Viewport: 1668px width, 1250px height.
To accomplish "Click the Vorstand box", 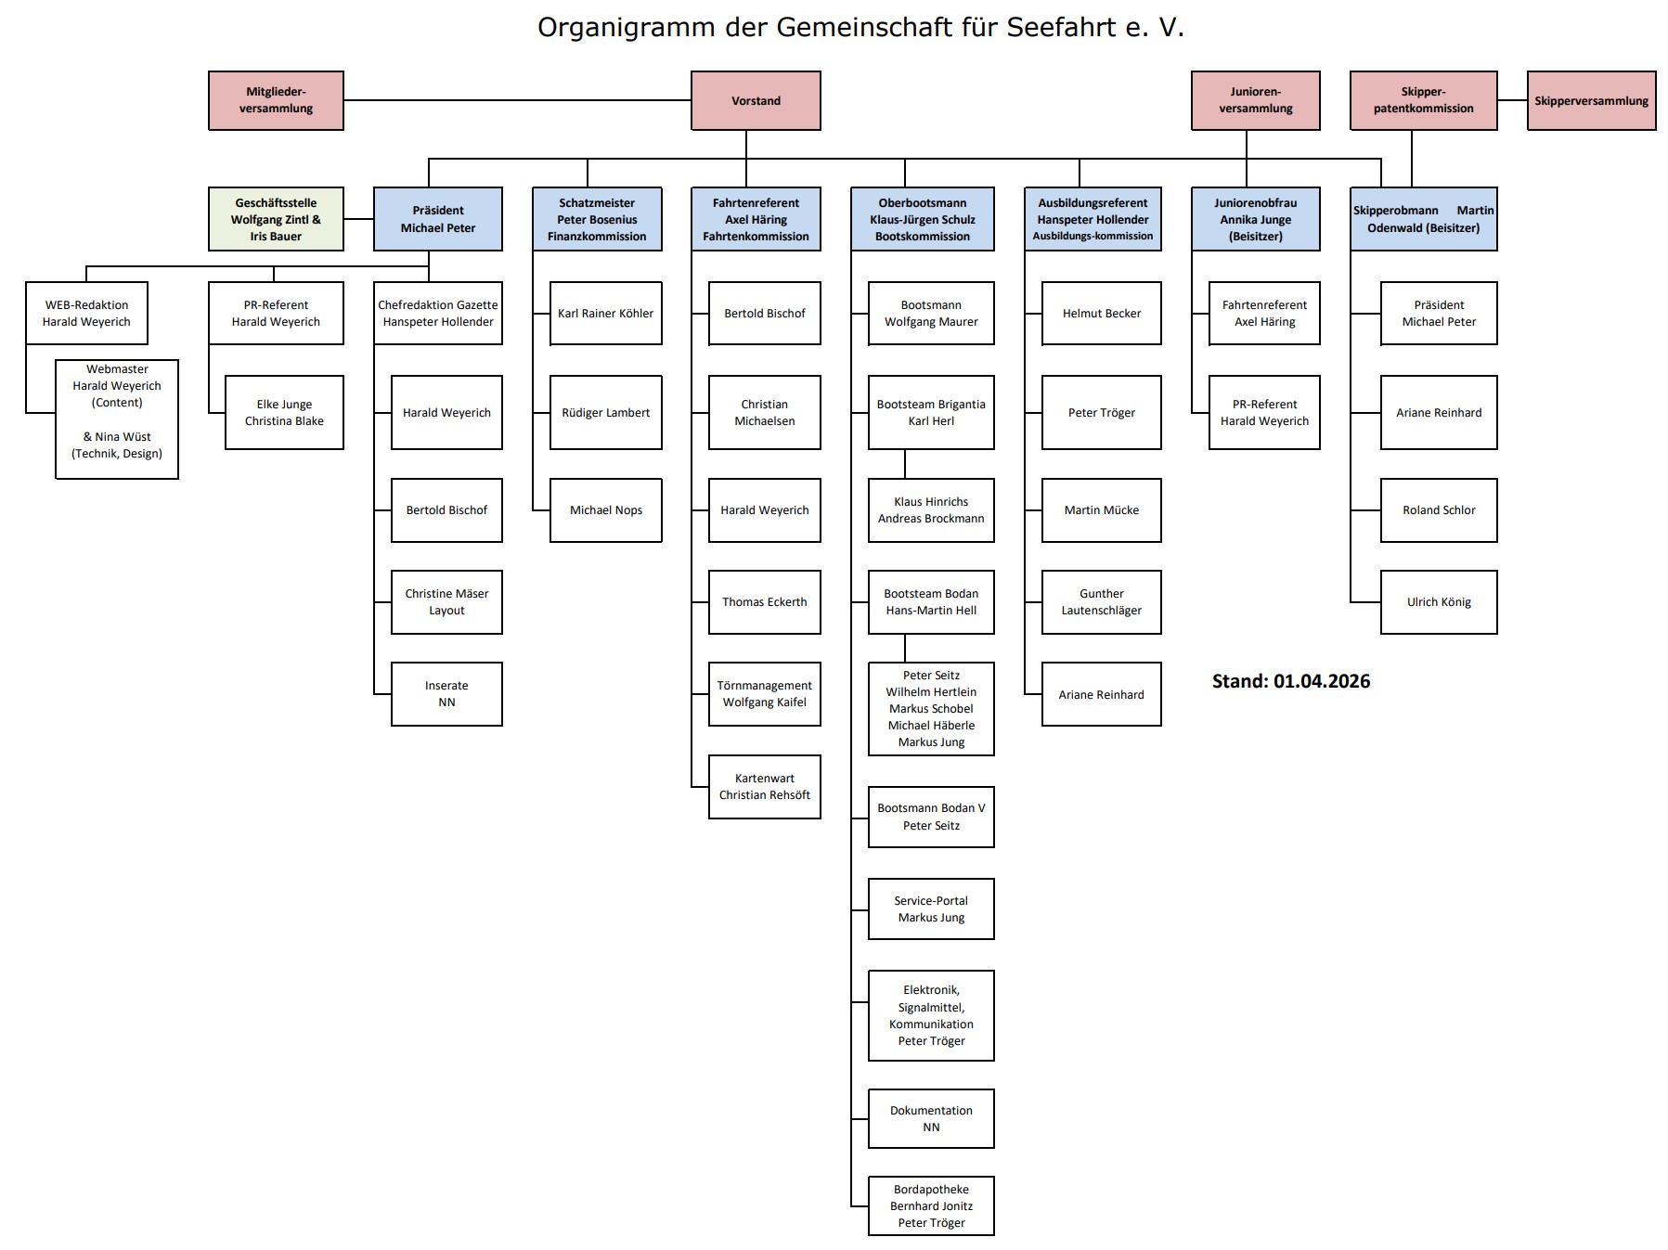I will (x=756, y=100).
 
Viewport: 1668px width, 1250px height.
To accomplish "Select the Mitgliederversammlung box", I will (x=276, y=100).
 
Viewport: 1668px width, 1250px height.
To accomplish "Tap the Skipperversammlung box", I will (x=1591, y=100).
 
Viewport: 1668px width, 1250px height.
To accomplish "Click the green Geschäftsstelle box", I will (x=276, y=219).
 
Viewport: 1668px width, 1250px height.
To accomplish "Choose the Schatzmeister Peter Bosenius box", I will (x=597, y=219).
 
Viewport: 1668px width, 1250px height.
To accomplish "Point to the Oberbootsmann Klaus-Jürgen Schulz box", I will (x=923, y=219).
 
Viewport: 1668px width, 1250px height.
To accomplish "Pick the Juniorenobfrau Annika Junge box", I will (x=1255, y=219).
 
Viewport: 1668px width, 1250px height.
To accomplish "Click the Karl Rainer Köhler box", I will (x=605, y=314).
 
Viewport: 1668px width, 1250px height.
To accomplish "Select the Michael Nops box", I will (x=605, y=510).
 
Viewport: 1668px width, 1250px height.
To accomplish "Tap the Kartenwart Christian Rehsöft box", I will (x=764, y=787).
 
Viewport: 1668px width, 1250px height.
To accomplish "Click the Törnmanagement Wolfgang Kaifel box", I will (x=764, y=694).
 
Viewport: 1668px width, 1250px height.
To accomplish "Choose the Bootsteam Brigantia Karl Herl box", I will (x=931, y=413).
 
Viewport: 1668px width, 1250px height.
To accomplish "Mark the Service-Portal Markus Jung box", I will (x=931, y=909).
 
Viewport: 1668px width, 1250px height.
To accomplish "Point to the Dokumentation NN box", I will (x=931, y=1119).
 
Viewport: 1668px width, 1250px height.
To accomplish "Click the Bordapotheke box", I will (x=931, y=1206).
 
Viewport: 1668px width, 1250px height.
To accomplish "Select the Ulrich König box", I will (x=1439, y=602).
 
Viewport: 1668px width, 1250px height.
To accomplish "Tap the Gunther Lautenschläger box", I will (x=1101, y=602).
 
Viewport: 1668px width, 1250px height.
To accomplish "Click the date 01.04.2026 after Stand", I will (x=1322, y=681).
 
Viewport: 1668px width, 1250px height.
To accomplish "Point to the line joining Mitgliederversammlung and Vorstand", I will (x=517, y=100).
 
